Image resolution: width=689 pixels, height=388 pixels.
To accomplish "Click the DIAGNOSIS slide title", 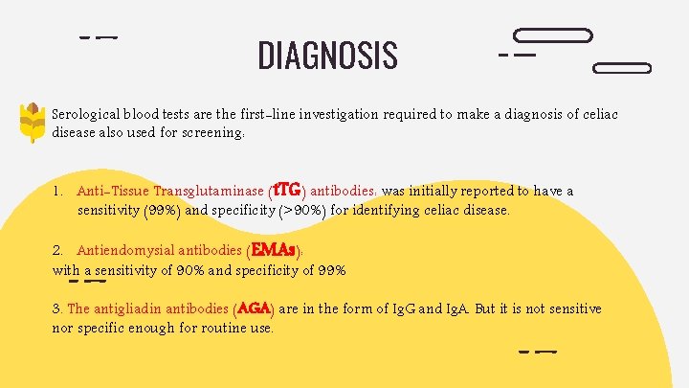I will pyautogui.click(x=327, y=56).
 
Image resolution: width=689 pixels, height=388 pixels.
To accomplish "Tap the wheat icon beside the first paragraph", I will pyautogui.click(x=33, y=122).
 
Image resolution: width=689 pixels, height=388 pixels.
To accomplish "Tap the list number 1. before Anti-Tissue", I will pyautogui.click(x=58, y=192).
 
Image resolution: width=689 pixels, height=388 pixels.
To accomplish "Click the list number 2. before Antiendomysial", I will pyautogui.click(x=58, y=252).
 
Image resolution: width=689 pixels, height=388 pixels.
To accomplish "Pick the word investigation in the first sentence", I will pyautogui.click(x=335, y=115).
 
